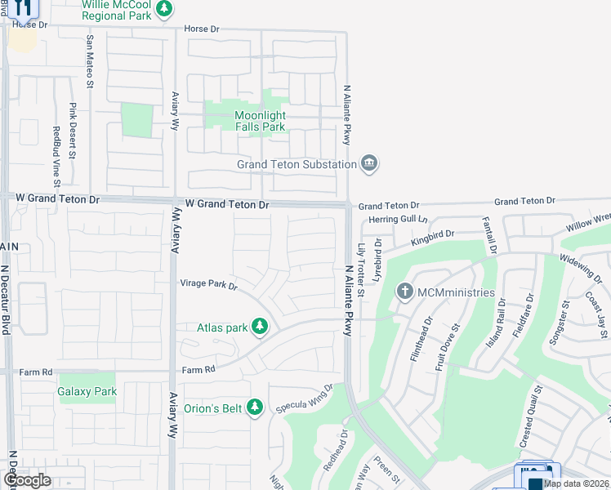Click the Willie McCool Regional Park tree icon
(165, 9)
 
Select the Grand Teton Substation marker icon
(369, 164)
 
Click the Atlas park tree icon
(260, 327)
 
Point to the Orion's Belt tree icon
(255, 406)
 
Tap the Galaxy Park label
(87, 391)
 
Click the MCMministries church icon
(404, 292)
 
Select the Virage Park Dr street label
(208, 285)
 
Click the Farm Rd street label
(198, 369)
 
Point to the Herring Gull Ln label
(399, 219)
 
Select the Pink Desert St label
(73, 131)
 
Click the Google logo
(27, 480)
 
